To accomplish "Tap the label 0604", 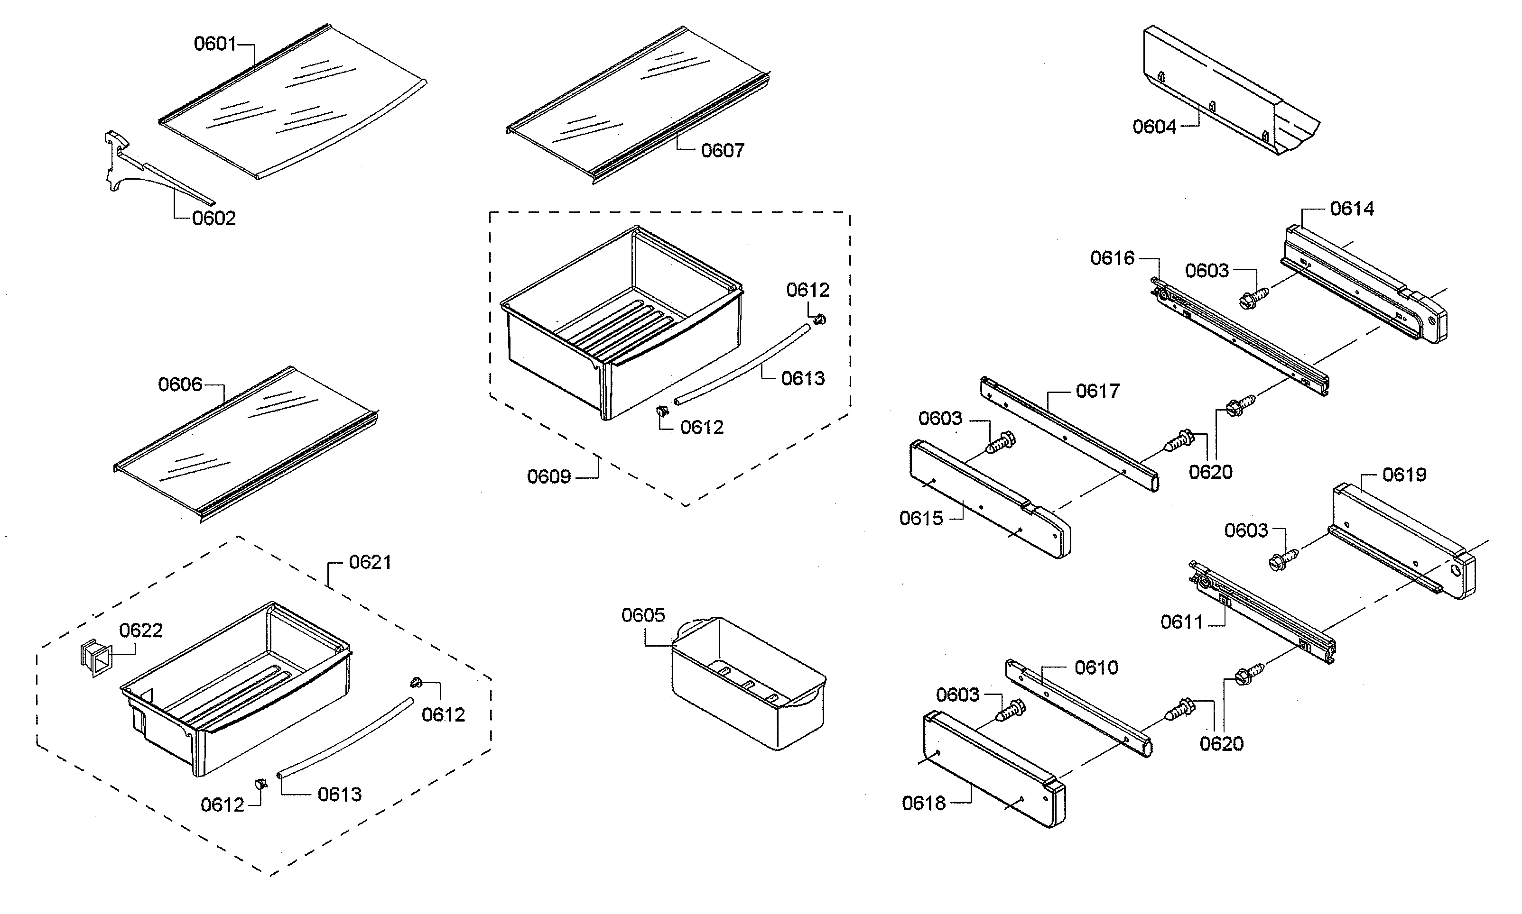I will [x=1154, y=127].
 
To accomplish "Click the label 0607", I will [x=722, y=150].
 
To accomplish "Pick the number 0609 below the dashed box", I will [x=548, y=477].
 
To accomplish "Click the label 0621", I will [x=370, y=562].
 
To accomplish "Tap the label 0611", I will [x=1181, y=622].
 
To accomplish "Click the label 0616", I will [x=1112, y=258].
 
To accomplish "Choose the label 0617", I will [x=1097, y=391].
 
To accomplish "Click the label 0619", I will [x=1404, y=475].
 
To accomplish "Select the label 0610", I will [x=1095, y=667].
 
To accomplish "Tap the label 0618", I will [x=923, y=803].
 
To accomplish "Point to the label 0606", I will [x=180, y=384].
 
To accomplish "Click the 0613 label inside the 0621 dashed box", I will [x=339, y=795].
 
